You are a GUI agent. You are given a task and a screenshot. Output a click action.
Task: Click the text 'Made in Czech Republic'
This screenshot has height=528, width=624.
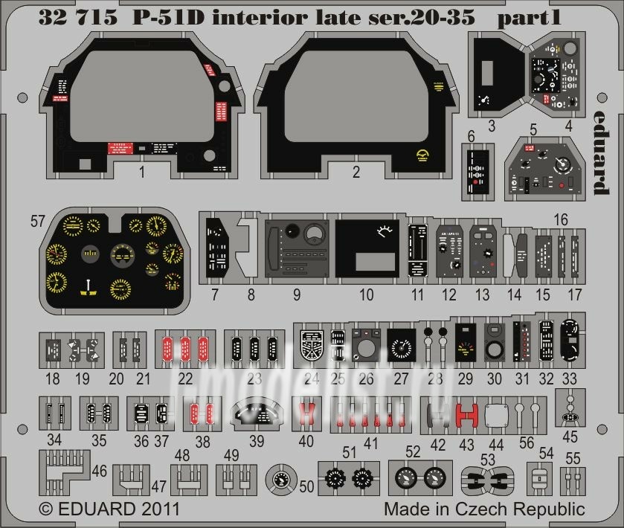pyautogui.click(x=484, y=509)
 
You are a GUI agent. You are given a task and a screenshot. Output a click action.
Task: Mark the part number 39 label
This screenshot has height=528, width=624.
pyautogui.click(x=257, y=440)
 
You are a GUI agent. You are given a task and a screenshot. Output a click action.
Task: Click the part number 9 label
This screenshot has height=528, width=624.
pyautogui.click(x=296, y=294)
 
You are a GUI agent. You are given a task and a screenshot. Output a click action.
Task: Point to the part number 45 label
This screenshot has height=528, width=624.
pyautogui.click(x=570, y=437)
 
